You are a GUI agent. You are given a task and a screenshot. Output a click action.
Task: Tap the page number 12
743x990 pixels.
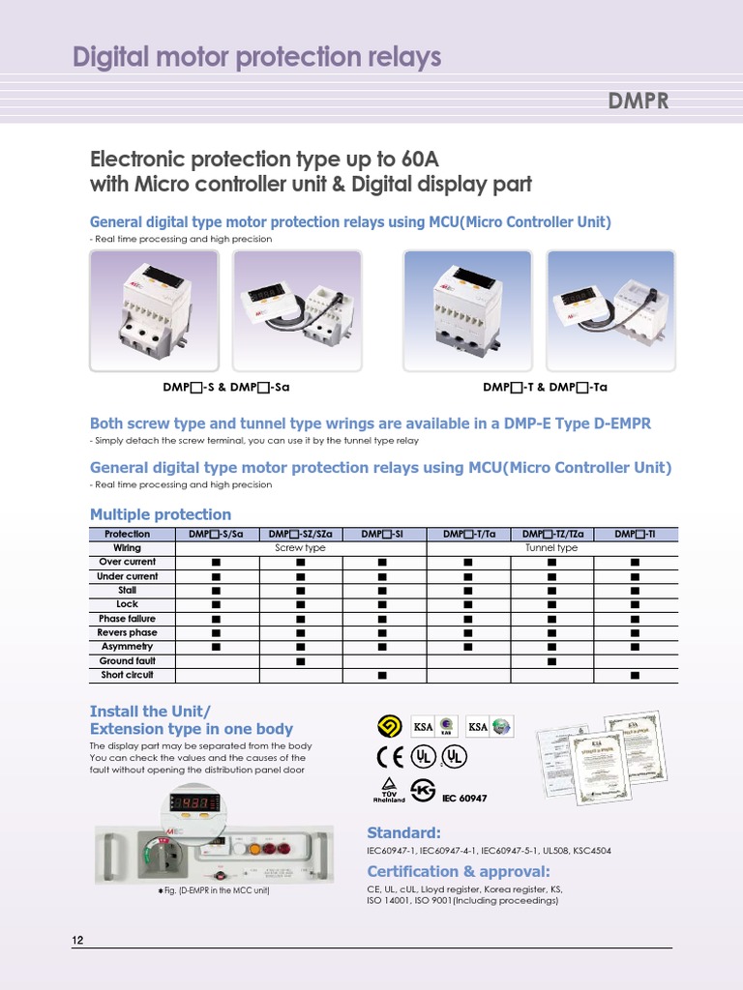[78, 941]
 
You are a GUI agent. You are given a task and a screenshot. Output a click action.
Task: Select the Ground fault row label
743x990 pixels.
[127, 661]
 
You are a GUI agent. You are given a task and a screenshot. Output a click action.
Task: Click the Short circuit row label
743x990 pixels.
[127, 675]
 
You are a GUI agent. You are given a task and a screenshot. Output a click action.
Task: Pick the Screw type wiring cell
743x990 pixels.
[300, 548]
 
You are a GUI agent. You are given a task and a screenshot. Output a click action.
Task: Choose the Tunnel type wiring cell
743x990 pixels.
[551, 548]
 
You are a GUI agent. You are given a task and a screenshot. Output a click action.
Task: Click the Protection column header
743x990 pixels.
[127, 534]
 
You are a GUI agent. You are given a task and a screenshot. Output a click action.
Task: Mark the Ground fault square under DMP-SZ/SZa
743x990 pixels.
[300, 661]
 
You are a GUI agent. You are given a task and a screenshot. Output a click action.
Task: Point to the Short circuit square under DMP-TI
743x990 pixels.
[636, 676]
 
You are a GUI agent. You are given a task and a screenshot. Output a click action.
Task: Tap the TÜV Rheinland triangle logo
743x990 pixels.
[388, 785]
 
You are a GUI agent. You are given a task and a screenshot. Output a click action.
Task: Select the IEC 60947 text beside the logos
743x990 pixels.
[464, 799]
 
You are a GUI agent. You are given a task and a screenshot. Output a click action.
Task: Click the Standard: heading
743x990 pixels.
[403, 832]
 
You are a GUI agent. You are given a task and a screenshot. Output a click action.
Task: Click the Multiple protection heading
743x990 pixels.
[161, 514]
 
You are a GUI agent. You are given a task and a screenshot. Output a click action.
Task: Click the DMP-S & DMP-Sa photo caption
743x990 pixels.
[226, 387]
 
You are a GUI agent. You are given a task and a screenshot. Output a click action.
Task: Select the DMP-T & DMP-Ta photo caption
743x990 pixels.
[545, 387]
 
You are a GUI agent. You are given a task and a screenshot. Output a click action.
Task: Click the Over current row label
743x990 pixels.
[127, 562]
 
